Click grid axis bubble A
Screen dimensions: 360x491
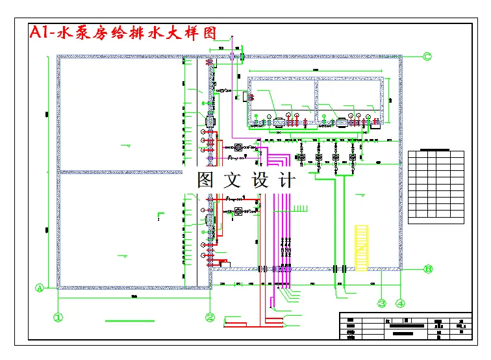(x=40, y=287)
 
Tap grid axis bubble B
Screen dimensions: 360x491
(x=428, y=269)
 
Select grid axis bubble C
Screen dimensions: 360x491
(x=427, y=57)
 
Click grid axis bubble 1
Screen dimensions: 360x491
(x=58, y=318)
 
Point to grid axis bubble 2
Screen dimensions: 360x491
(x=210, y=318)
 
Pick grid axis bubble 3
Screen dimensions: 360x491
(x=383, y=303)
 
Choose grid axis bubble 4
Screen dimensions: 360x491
(x=401, y=303)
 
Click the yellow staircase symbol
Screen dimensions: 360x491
(x=362, y=248)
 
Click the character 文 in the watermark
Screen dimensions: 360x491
(x=233, y=180)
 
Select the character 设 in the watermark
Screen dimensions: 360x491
(x=260, y=180)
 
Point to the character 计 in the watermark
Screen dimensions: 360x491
(x=286, y=180)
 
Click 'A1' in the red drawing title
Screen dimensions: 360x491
(x=40, y=33)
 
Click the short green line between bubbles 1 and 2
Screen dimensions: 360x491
(x=130, y=320)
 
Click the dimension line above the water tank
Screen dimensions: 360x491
(x=316, y=70)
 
